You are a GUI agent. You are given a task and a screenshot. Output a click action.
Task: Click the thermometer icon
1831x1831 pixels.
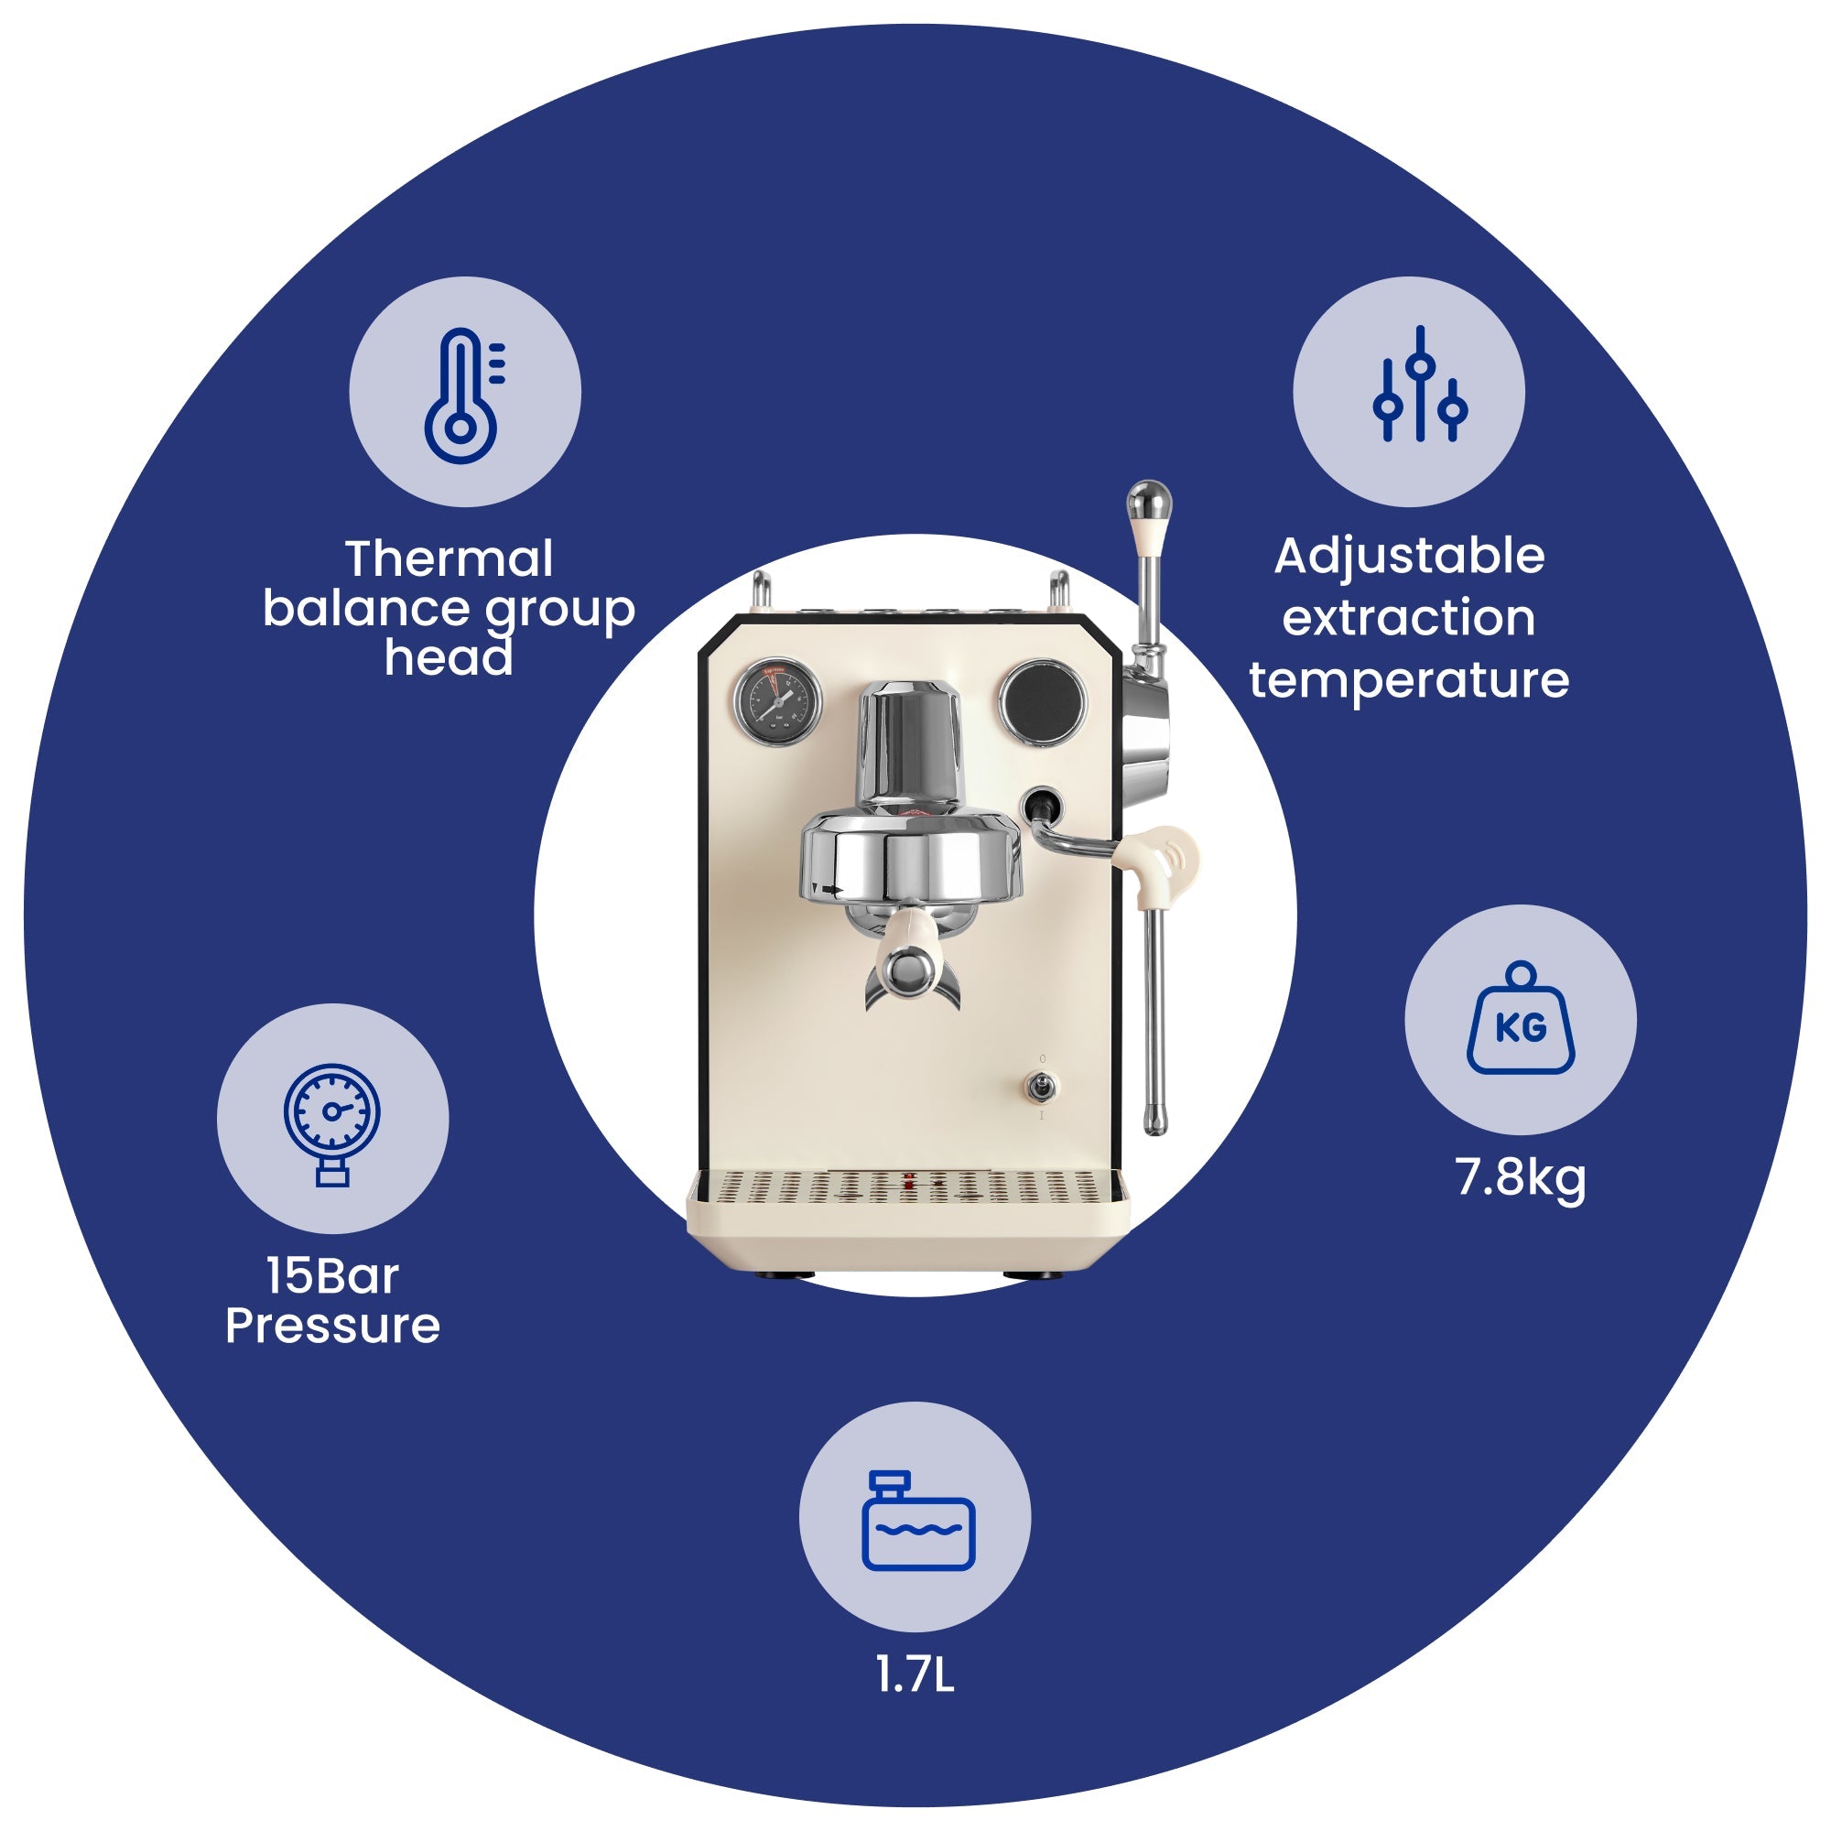coord(463,395)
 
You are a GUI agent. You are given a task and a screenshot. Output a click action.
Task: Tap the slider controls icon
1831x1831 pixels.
coord(1420,384)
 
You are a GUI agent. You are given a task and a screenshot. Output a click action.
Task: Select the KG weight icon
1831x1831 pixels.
coord(1520,1018)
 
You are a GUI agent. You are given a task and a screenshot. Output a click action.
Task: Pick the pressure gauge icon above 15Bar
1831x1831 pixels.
coord(331,1124)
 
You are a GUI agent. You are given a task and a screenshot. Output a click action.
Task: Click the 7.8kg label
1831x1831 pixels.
coord(1520,1178)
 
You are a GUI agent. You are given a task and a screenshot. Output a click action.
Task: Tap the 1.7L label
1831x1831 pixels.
coord(915,1675)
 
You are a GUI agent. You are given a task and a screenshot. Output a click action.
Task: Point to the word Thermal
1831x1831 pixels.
coord(449,558)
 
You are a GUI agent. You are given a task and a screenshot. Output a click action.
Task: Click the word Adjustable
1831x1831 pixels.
coord(1409,558)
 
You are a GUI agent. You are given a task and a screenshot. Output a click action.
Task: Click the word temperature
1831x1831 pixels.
coord(1409,680)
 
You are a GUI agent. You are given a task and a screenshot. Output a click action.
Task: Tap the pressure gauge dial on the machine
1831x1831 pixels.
coord(777,702)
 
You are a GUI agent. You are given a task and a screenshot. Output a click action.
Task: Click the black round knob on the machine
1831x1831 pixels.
coord(1044,702)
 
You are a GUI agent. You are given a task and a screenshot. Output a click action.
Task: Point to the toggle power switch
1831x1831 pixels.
coord(1043,1088)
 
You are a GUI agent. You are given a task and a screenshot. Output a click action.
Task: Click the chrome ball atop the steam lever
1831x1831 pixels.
coord(1149,500)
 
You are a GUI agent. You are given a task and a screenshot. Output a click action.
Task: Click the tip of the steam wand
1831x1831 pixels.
coord(1154,1125)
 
